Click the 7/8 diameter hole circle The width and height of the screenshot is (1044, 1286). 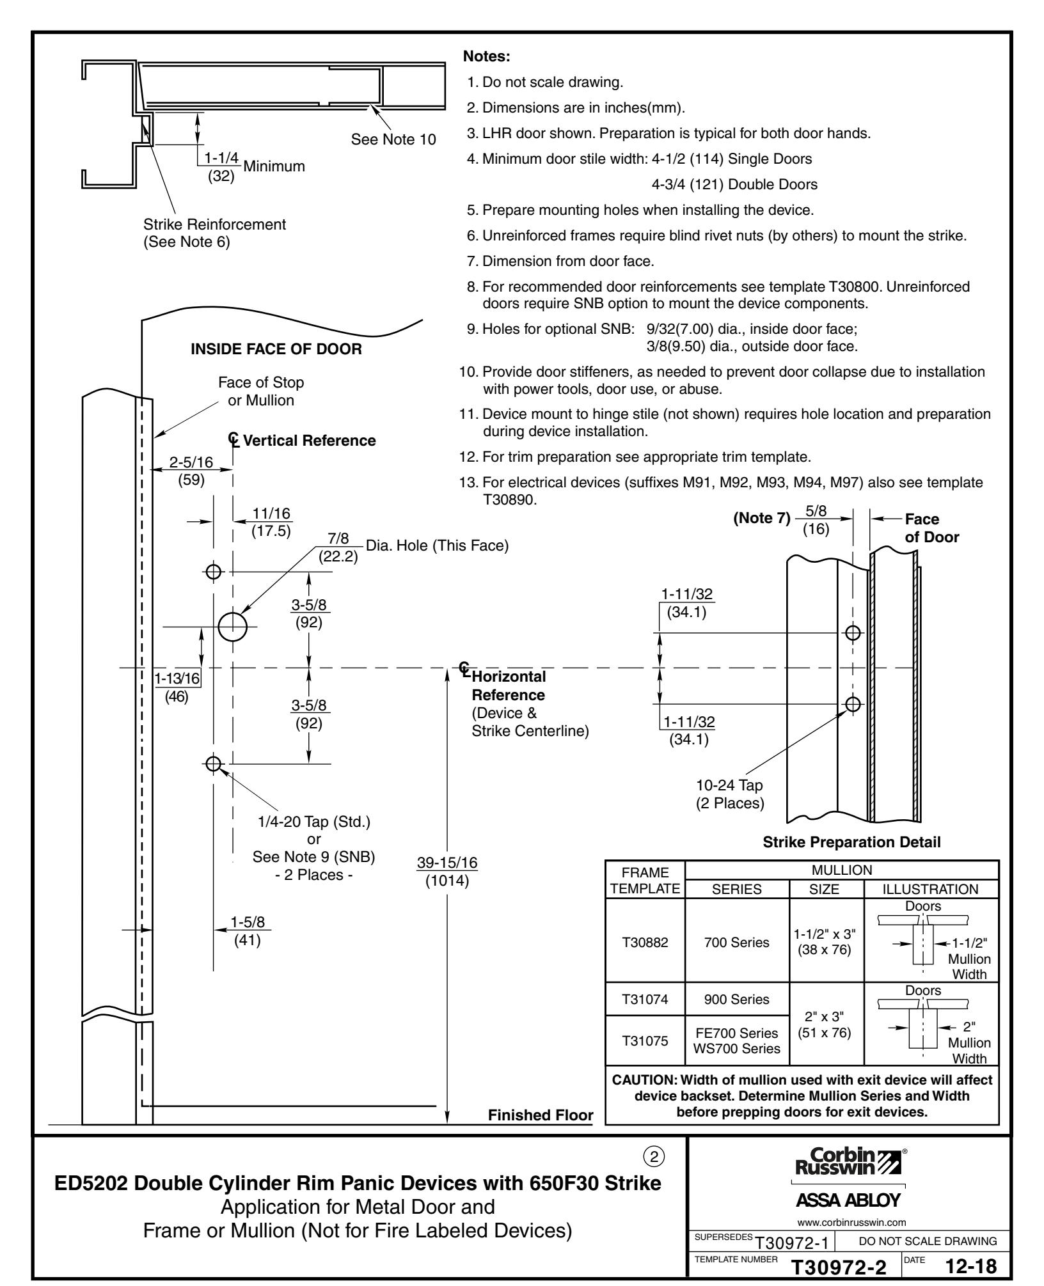click(x=232, y=626)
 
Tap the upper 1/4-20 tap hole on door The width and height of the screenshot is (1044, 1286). click(x=214, y=571)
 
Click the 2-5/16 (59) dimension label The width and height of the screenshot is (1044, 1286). click(x=191, y=471)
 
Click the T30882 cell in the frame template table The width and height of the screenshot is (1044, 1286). click(x=645, y=942)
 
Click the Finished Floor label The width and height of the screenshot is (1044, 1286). click(x=540, y=1115)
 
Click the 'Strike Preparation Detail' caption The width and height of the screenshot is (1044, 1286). click(x=851, y=842)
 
